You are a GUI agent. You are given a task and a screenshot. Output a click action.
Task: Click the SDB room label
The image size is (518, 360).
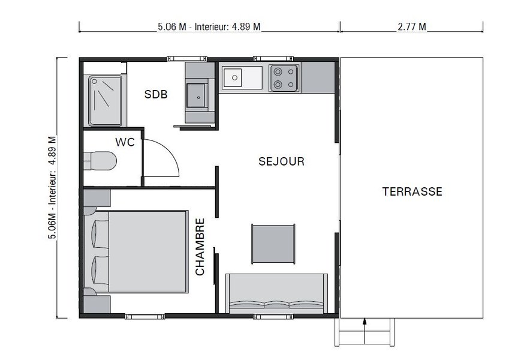(156, 95)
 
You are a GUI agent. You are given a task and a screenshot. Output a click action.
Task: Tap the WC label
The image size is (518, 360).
(124, 143)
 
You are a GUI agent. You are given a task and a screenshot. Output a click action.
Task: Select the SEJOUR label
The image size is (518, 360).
(281, 161)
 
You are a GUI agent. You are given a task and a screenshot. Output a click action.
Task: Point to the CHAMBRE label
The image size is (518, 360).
(200, 247)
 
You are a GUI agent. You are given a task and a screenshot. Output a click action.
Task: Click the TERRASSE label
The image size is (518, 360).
(412, 192)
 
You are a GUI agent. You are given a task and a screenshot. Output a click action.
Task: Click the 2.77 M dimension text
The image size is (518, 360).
(411, 26)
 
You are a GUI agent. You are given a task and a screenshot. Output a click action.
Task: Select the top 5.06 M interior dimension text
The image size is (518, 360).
(209, 26)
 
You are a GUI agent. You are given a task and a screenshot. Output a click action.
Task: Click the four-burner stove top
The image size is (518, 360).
(285, 77)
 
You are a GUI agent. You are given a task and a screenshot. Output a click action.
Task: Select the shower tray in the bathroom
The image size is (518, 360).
(106, 100)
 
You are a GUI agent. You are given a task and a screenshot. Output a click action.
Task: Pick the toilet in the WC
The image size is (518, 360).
(100, 160)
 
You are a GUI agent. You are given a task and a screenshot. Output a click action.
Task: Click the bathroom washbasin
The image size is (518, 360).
(197, 95)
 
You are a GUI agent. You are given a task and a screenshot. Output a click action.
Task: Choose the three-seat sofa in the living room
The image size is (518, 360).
(276, 294)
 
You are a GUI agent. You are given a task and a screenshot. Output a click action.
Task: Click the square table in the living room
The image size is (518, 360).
(273, 243)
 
